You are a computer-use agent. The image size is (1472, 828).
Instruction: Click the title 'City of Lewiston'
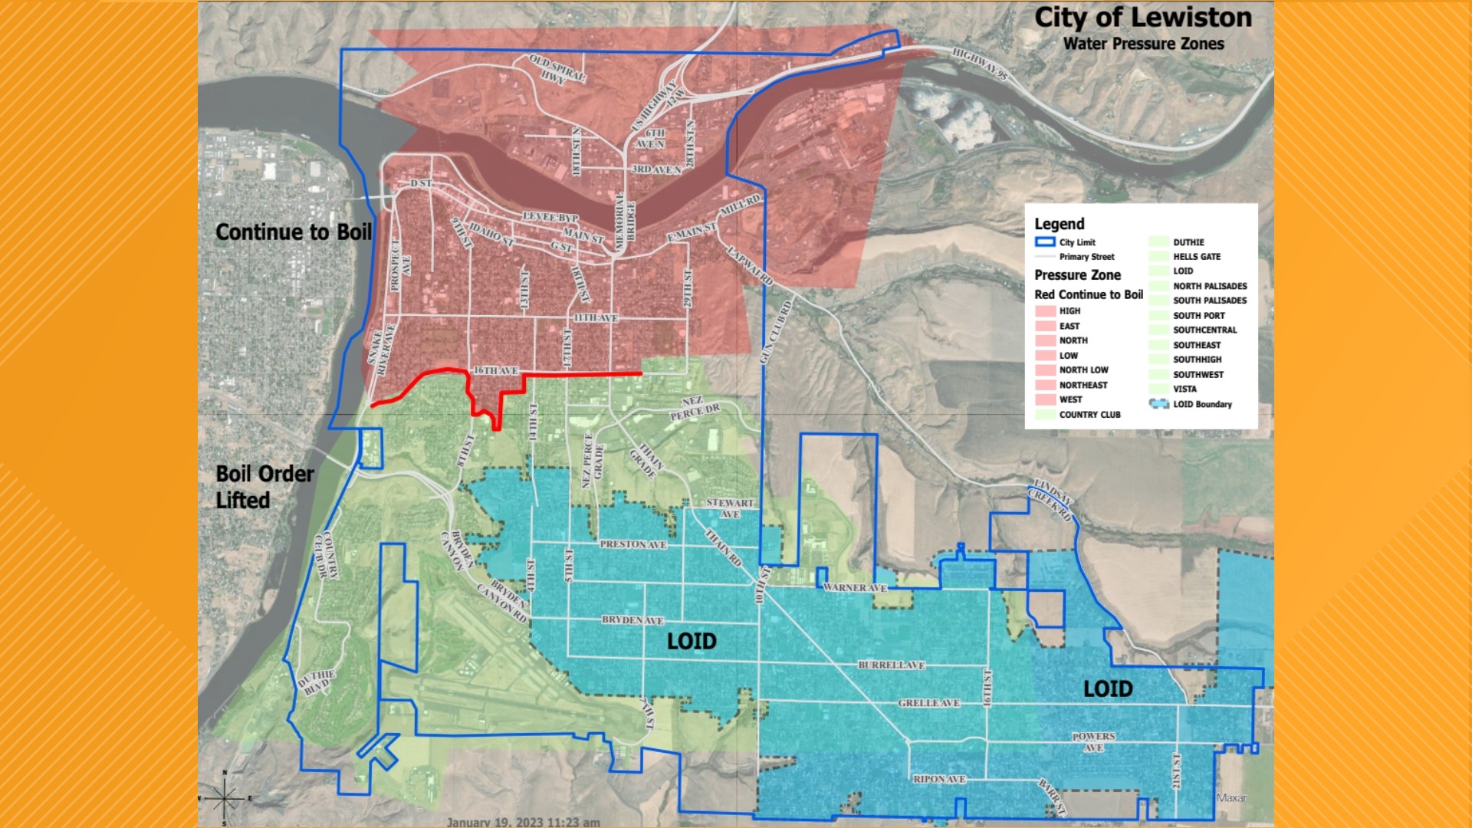(1142, 18)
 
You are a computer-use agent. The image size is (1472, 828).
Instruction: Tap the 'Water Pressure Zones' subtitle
(1143, 44)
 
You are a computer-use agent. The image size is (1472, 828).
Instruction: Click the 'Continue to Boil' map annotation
(293, 232)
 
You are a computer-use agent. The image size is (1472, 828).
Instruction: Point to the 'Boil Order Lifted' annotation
(264, 487)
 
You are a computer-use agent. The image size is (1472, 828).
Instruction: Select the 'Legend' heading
(1059, 224)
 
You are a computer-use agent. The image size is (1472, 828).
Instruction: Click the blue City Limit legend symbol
(1045, 242)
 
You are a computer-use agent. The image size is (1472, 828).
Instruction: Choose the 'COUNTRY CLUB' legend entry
(1089, 415)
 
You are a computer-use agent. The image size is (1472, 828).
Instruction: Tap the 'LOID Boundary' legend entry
(1201, 404)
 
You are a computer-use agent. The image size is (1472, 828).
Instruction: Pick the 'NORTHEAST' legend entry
(1083, 385)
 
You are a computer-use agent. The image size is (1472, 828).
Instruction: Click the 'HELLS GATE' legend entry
(1196, 257)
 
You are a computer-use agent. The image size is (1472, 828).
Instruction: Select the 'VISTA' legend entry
(1184, 389)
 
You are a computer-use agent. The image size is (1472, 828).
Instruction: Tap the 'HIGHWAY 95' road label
(980, 63)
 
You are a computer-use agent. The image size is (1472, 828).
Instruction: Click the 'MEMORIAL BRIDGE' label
(625, 222)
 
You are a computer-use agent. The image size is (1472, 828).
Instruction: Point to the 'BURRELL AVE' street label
(891, 665)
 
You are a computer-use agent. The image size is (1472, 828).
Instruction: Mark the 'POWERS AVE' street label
(1093, 741)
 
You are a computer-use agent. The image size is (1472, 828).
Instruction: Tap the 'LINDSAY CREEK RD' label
(1052, 500)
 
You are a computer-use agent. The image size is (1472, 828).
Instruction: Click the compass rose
(224, 798)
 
